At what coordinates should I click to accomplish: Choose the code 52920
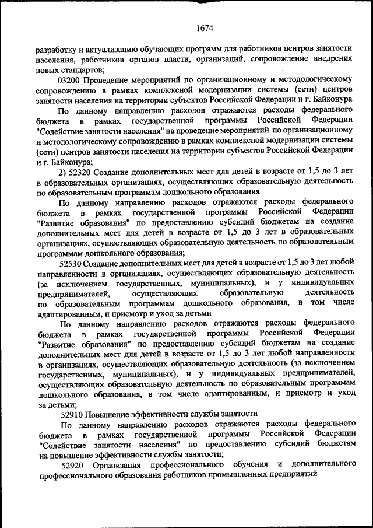pyautogui.click(x=73, y=464)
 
